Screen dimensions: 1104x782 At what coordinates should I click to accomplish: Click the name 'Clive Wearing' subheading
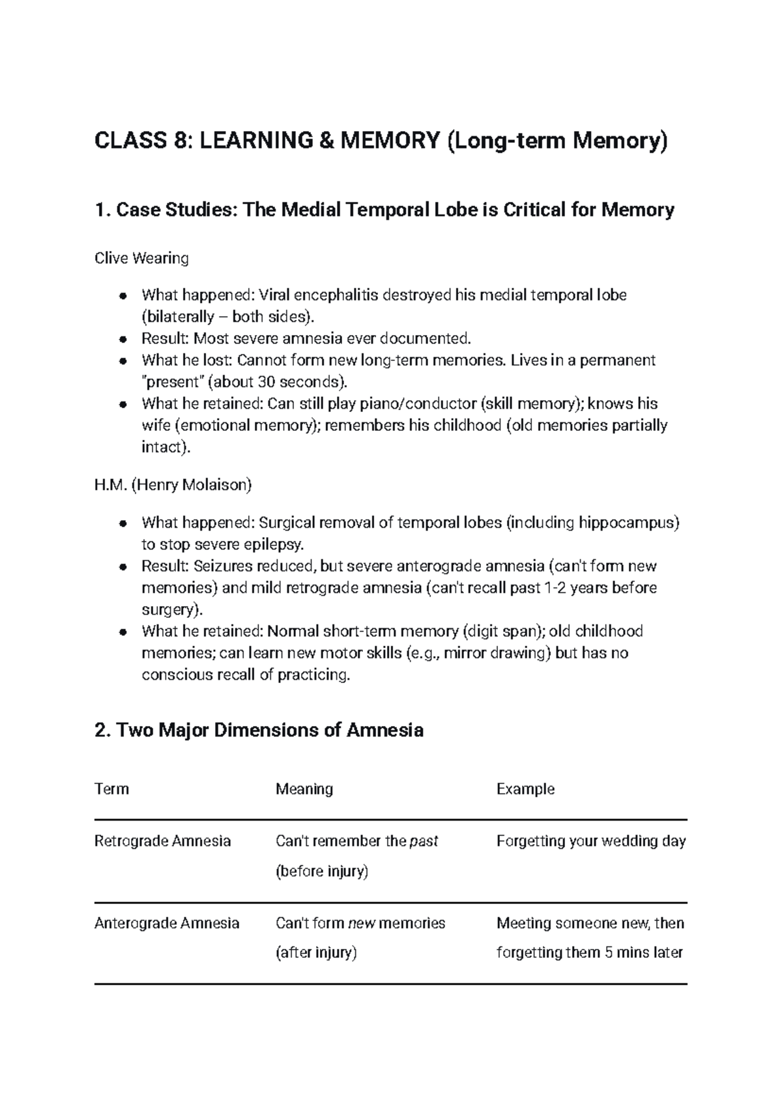tap(141, 258)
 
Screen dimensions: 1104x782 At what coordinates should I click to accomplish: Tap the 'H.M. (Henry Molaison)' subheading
tap(173, 485)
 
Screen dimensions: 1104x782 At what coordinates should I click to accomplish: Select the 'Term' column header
tap(111, 789)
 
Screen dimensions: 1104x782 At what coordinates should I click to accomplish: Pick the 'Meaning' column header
tap(304, 789)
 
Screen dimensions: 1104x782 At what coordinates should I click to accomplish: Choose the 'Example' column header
tap(525, 789)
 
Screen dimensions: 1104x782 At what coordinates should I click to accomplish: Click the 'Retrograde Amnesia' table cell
tap(162, 841)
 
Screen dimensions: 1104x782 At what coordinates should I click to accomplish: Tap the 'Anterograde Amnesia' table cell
tap(167, 923)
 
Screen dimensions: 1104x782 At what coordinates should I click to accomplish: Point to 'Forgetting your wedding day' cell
tap(590, 841)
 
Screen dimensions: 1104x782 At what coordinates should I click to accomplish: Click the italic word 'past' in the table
tap(424, 841)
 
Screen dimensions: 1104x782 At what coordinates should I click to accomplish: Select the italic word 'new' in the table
tap(362, 923)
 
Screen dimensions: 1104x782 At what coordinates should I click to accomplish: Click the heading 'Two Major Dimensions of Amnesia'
tap(259, 730)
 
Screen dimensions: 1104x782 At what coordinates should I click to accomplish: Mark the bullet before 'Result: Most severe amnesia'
tap(122, 339)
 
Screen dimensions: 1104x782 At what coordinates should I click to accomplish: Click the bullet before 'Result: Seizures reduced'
tap(122, 566)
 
